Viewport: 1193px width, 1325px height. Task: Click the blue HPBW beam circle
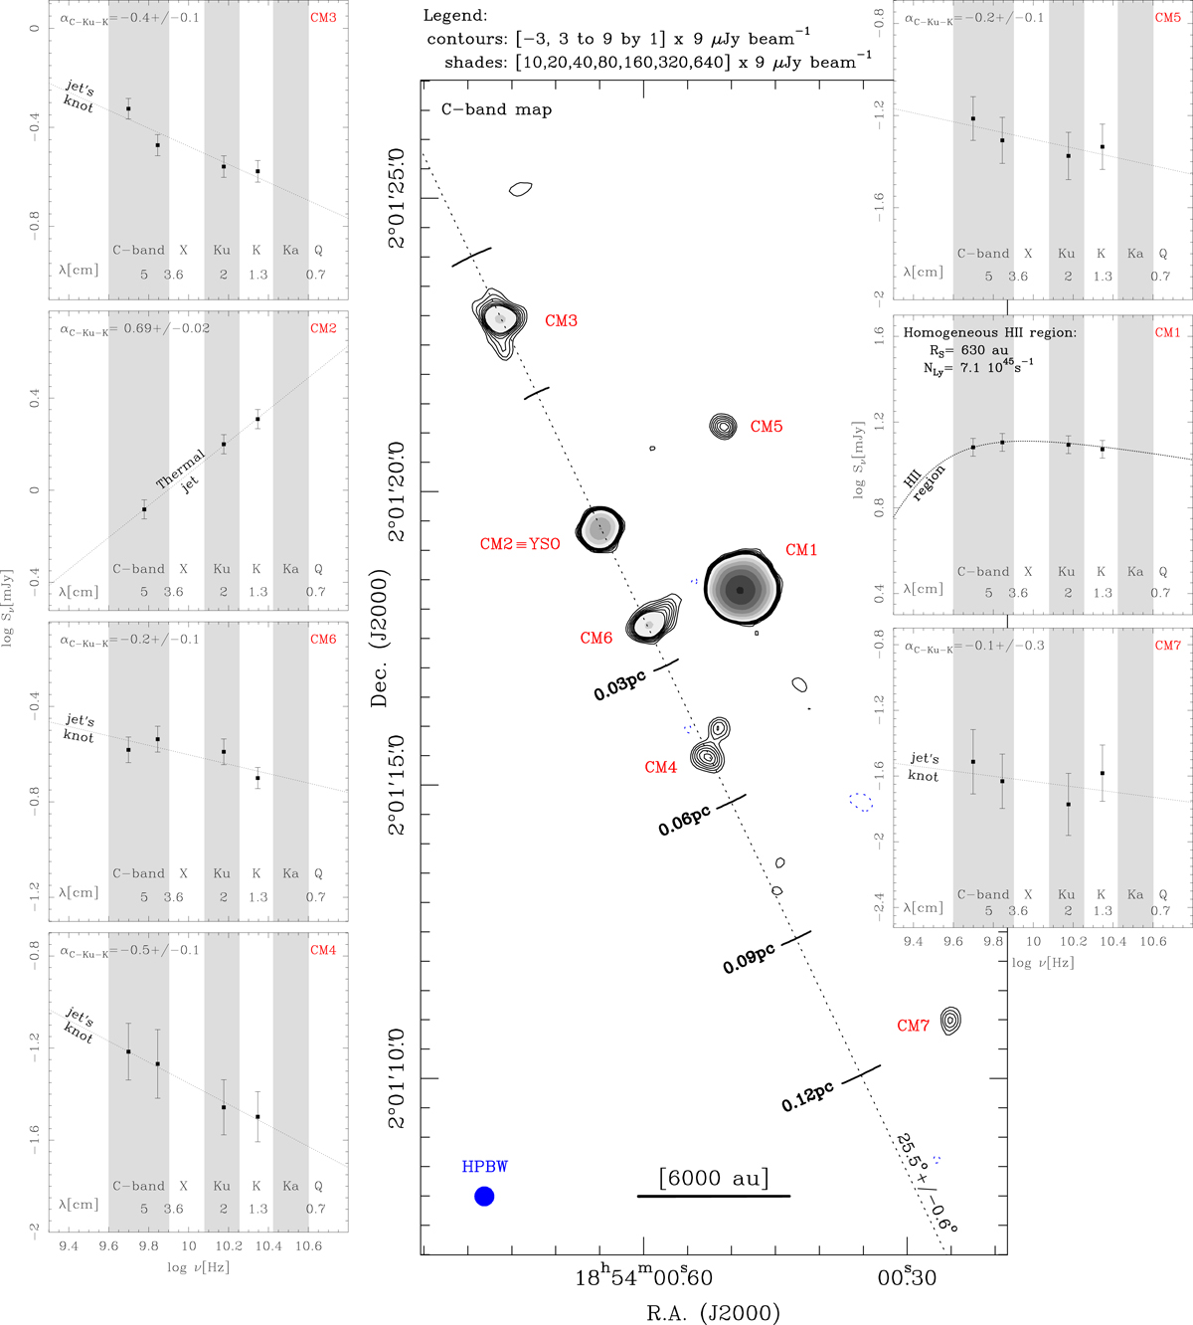coord(484,1197)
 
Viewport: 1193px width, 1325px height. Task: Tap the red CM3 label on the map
coord(561,320)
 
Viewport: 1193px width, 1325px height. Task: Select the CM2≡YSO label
coord(520,543)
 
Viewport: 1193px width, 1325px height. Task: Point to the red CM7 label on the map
coord(913,1026)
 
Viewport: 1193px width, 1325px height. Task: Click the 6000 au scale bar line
coord(714,1196)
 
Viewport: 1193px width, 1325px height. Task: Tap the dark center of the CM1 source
coord(740,590)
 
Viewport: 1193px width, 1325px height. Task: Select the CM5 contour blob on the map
coord(723,426)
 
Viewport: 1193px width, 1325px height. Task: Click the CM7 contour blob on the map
coord(950,1020)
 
